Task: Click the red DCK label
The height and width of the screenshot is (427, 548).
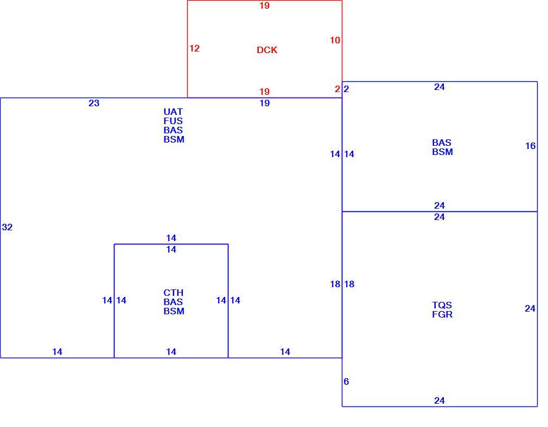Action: (267, 50)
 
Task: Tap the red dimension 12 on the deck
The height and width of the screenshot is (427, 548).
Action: (194, 48)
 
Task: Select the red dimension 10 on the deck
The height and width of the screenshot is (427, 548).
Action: (335, 40)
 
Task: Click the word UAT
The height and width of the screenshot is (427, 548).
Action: (173, 112)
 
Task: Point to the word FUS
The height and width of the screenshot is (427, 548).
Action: (173, 121)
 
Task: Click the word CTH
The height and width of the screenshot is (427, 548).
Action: (173, 293)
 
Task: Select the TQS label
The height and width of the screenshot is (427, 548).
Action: (442, 305)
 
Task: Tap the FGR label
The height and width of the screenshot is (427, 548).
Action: (442, 314)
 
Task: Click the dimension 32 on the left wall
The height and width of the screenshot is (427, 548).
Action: (7, 227)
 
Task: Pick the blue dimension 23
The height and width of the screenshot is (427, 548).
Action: (94, 103)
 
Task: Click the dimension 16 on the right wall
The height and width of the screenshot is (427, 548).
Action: (530, 146)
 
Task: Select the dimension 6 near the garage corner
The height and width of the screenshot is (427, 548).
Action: (346, 381)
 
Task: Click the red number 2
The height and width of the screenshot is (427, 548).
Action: (337, 89)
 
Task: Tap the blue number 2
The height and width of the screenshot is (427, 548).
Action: (346, 89)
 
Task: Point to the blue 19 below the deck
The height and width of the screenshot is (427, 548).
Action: (265, 103)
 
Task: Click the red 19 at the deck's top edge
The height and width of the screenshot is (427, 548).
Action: (265, 5)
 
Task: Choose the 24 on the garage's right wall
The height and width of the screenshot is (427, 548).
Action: (530, 309)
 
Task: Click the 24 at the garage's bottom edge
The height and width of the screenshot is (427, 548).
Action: (439, 400)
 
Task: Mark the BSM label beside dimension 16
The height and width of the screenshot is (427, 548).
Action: (442, 152)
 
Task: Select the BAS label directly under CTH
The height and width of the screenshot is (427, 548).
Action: (173, 302)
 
